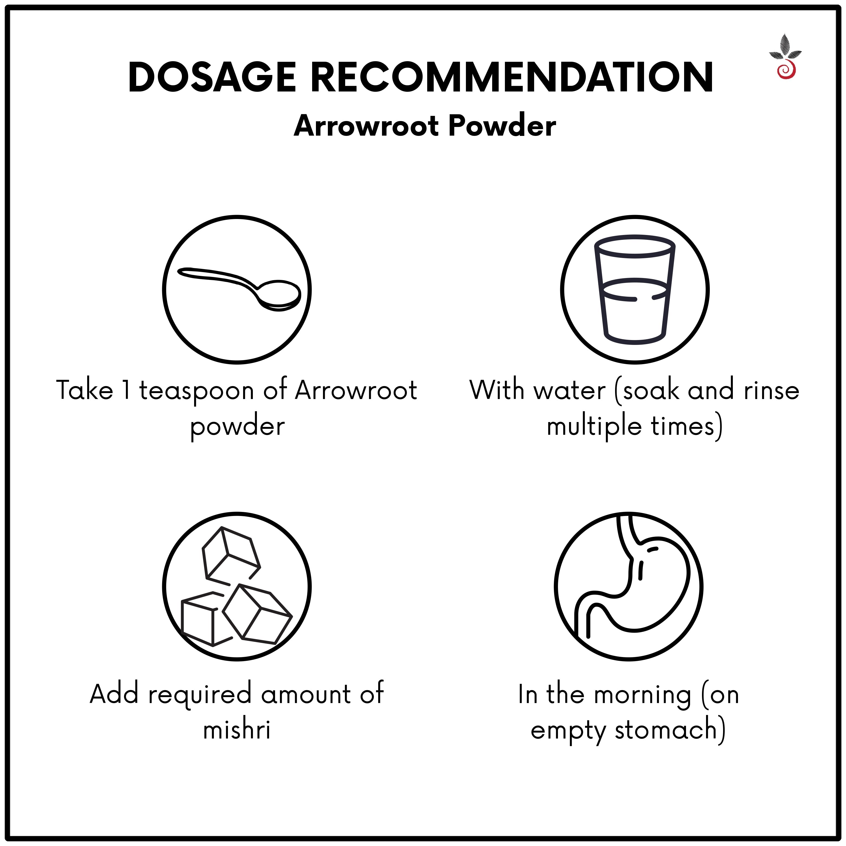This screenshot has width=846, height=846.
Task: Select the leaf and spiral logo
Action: coord(785,57)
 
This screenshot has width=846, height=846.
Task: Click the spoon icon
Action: coord(237,289)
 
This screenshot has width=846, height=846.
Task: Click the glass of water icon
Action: coord(635,289)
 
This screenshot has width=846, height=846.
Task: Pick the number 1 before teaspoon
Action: coord(126,390)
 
